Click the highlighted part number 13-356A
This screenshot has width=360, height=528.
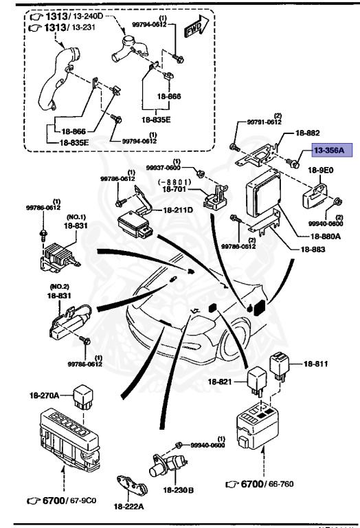pyautogui.click(x=329, y=150)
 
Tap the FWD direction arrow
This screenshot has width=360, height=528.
pyautogui.click(x=196, y=27)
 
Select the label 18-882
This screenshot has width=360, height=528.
pyautogui.click(x=308, y=133)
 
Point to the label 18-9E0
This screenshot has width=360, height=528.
pyautogui.click(x=321, y=170)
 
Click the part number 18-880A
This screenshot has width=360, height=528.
pyautogui.click(x=326, y=236)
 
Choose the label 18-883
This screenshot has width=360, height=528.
pyautogui.click(x=313, y=249)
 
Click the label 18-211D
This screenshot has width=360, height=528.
pyautogui.click(x=178, y=210)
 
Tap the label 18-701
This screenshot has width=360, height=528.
pyautogui.click(x=174, y=189)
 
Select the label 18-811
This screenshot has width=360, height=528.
pyautogui.click(x=315, y=364)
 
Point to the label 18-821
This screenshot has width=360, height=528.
pyautogui.click(x=220, y=382)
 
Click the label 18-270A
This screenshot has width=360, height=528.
pyautogui.click(x=44, y=395)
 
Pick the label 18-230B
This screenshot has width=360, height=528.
pyautogui.click(x=179, y=490)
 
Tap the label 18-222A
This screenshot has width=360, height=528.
pyautogui.click(x=129, y=506)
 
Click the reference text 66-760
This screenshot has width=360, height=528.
pyautogui.click(x=281, y=484)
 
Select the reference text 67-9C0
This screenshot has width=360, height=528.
pyautogui.click(x=83, y=500)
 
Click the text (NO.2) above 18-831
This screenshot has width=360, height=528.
pyautogui.click(x=59, y=287)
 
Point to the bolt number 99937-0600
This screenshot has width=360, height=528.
pyautogui.click(x=164, y=167)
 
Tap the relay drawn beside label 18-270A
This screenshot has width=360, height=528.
pyautogui.click(x=83, y=396)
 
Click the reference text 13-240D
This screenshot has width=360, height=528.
pyautogui.click(x=87, y=16)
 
